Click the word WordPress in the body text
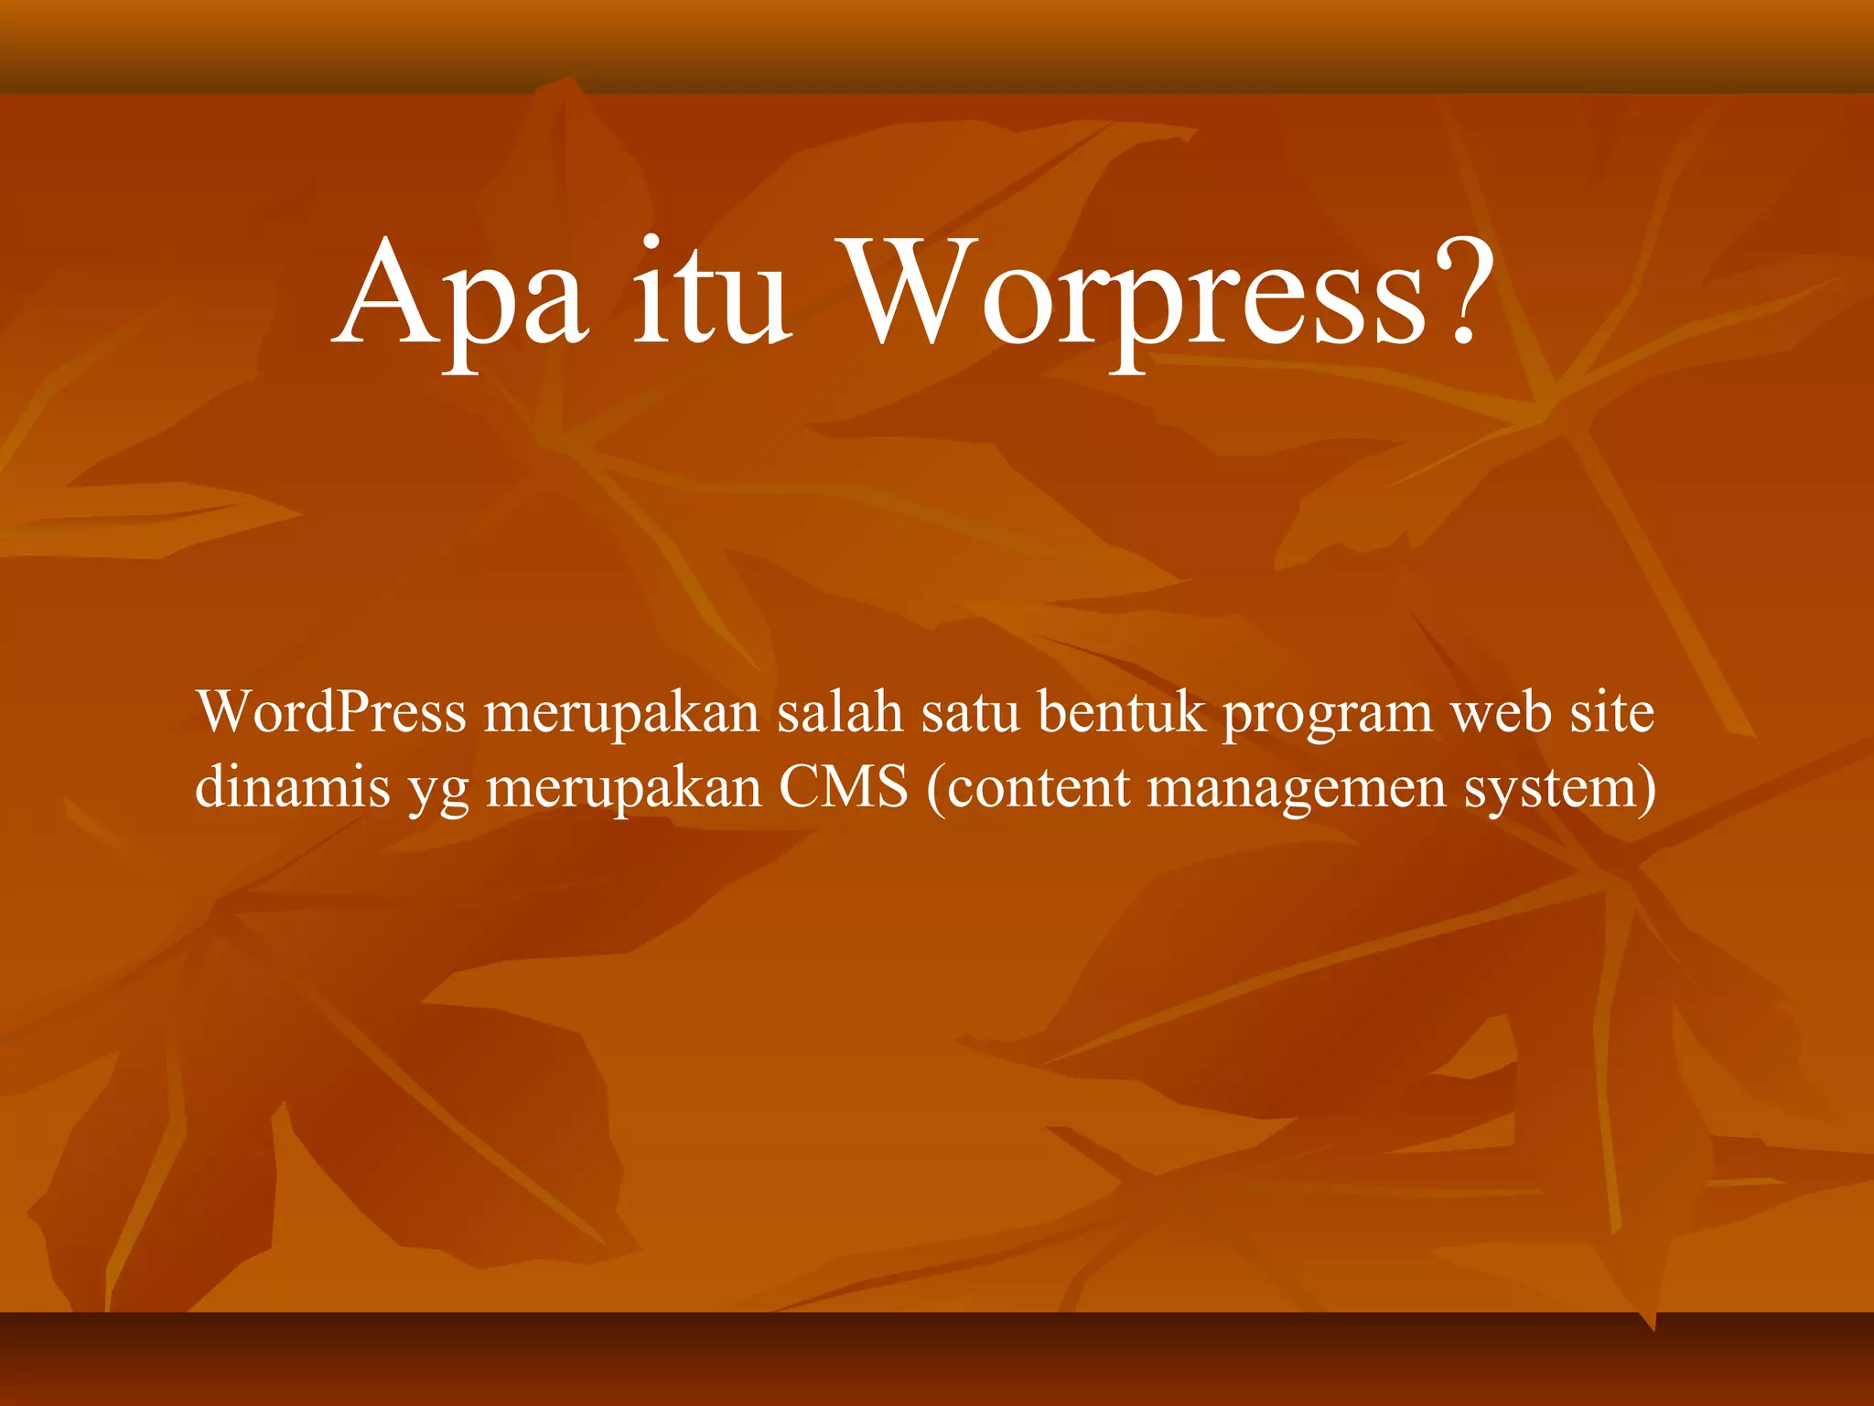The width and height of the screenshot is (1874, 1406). coord(331,712)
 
